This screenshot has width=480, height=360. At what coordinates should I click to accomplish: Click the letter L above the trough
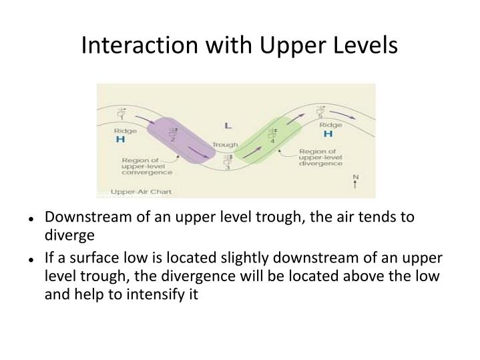point(228,125)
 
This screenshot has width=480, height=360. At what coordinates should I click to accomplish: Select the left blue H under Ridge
point(121,140)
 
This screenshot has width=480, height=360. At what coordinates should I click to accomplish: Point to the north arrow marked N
point(355,181)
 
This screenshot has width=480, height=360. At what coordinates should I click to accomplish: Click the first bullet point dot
point(31,218)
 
